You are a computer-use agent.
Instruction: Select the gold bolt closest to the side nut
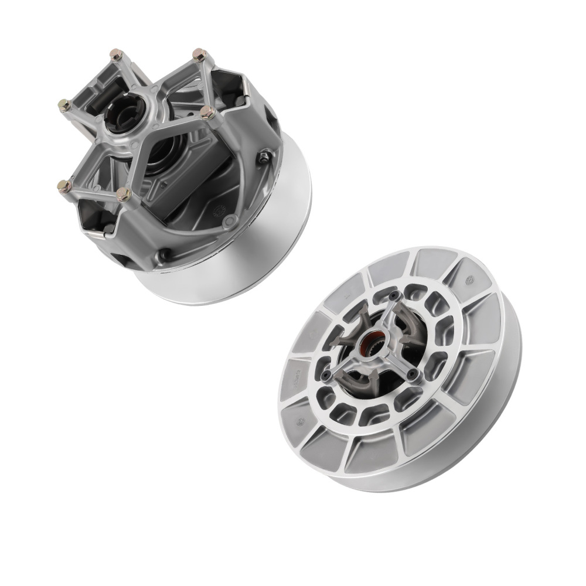click(206, 112)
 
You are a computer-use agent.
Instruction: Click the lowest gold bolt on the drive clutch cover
click(124, 195)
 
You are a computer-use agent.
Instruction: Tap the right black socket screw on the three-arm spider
click(415, 373)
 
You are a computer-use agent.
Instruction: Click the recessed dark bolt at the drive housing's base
click(166, 255)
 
